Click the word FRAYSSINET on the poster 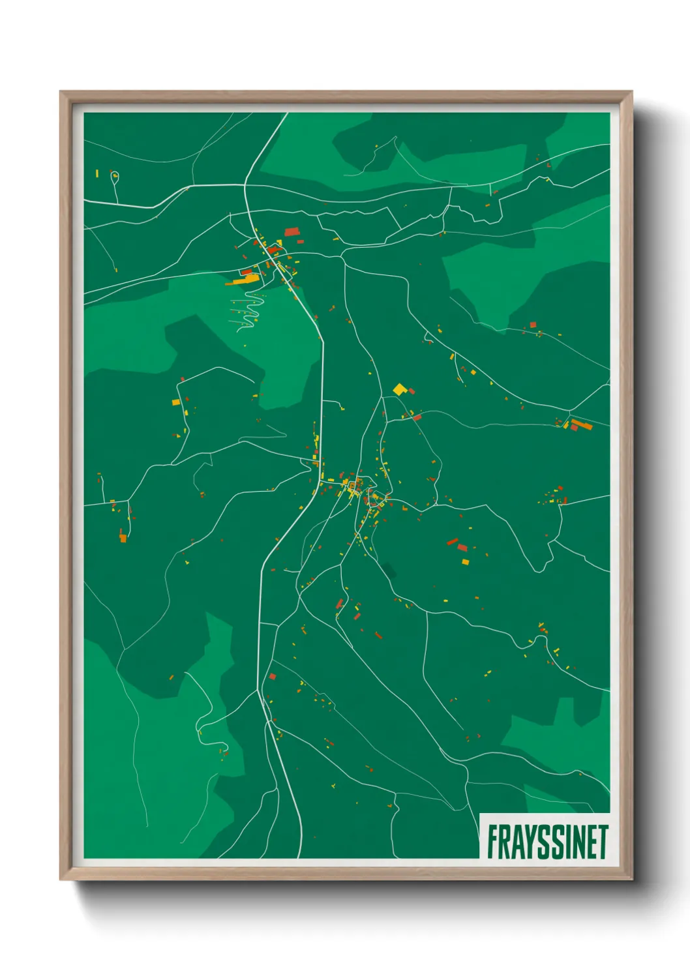point(547,842)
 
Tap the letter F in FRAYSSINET point(492,842)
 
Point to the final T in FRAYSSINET point(603,842)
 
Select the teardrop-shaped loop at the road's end point(115,176)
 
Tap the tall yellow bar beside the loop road point(97,173)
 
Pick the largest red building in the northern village point(292,231)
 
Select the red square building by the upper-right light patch point(533,324)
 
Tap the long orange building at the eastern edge point(582,425)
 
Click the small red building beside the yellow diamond point(412,391)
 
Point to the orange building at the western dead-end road point(123,538)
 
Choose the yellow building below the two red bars point(466,561)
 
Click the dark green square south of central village point(389,571)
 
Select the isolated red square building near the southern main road point(273,677)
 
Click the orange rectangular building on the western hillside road point(175,402)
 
